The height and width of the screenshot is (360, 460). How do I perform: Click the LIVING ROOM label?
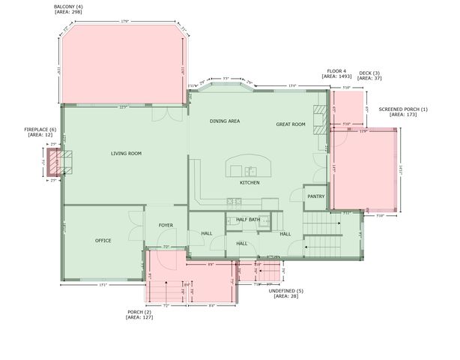(126, 154)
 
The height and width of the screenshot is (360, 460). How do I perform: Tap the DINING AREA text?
(224, 121)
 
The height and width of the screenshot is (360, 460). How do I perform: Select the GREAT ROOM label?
(291, 124)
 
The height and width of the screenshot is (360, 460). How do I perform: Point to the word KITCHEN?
(249, 183)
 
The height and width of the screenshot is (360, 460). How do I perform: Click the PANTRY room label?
(315, 196)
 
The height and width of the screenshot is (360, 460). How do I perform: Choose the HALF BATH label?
(248, 220)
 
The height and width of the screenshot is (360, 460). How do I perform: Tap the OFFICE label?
(103, 241)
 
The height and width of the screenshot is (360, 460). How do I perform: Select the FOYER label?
(166, 225)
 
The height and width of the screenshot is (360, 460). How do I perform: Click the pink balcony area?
(124, 67)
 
